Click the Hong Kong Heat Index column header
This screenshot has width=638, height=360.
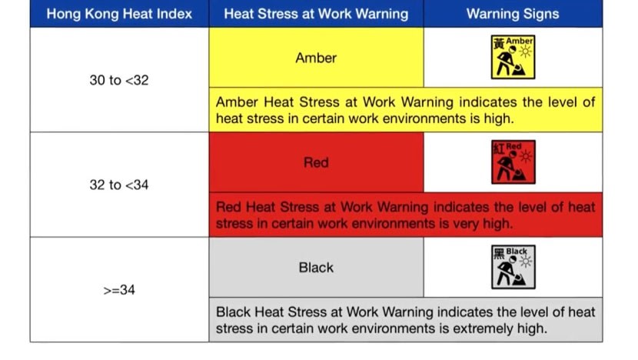tap(119, 14)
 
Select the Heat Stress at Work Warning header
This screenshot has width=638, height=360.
tap(316, 14)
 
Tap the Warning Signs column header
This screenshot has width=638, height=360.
tap(513, 14)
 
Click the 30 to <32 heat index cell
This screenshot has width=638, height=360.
tap(119, 80)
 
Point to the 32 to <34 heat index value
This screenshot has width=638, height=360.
tap(119, 185)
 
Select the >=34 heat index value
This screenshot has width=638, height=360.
tap(119, 290)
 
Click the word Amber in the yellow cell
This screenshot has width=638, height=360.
tap(316, 58)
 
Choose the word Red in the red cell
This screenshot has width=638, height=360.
tap(316, 162)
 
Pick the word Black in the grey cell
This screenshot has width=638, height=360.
tap(316, 268)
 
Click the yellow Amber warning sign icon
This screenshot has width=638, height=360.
tap(513, 57)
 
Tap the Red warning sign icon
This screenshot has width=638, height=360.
tap(513, 162)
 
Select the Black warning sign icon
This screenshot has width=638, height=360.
tap(513, 267)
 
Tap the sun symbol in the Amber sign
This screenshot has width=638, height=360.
tap(526, 52)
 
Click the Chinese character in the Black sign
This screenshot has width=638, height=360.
tap(499, 253)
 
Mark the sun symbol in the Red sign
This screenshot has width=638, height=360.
tap(526, 156)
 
